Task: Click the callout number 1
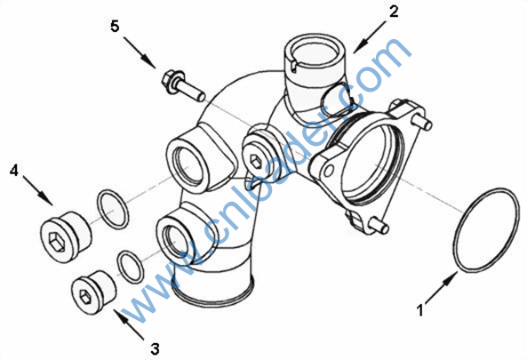pos(420,310)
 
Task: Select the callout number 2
pos(394,12)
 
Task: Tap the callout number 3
pos(155,349)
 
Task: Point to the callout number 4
pos(14,171)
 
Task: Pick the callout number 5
pos(115,26)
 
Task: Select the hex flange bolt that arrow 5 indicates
pos(183,85)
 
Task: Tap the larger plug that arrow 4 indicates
pos(66,237)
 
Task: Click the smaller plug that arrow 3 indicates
pos(94,292)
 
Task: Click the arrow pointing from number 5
pos(140,52)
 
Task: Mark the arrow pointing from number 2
pos(370,37)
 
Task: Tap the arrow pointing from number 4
pos(38,190)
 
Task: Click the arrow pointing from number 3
pos(130,324)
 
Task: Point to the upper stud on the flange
pos(425,123)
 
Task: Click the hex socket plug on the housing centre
pos(256,163)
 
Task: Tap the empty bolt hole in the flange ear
pos(328,171)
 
